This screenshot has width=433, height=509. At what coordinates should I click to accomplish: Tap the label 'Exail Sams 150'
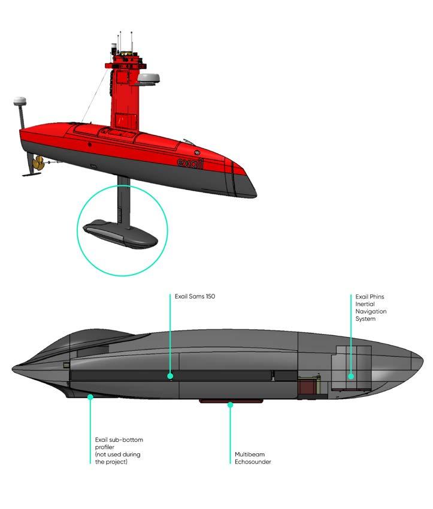(x=195, y=296)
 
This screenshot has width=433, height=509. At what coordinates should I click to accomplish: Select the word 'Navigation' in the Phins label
(x=371, y=311)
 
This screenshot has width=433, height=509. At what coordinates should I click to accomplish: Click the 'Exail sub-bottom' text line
(x=119, y=440)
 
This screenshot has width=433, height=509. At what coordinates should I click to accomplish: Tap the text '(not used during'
(x=118, y=454)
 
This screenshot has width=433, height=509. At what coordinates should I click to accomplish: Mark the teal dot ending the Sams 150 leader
(x=171, y=377)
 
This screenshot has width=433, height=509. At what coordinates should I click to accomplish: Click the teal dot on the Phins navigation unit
(x=352, y=377)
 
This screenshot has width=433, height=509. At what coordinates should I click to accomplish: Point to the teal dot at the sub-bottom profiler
(x=90, y=396)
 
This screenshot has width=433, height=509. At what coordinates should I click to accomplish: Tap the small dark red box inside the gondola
(x=307, y=387)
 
